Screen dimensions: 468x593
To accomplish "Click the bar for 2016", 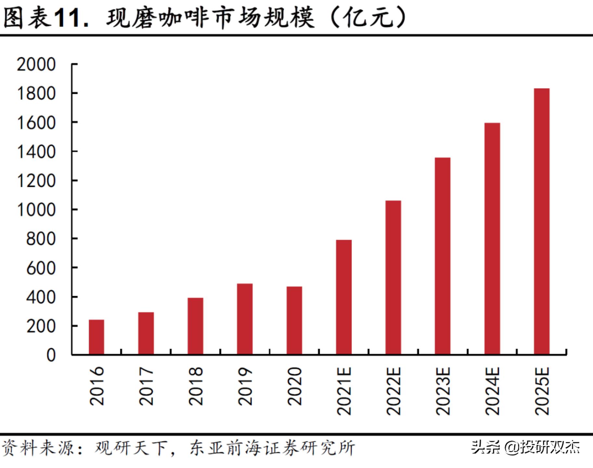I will pos(97,337).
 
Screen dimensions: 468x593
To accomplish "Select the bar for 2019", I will pos(245,319).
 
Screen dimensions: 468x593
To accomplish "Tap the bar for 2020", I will pos(294,320).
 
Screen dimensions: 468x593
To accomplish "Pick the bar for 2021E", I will pos(344,297).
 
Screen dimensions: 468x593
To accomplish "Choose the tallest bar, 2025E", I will pos(542,221).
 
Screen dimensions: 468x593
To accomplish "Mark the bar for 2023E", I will pos(443,256).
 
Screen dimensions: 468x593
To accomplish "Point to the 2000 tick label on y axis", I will pos(36,64).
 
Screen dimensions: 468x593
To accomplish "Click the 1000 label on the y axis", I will pos(36,210).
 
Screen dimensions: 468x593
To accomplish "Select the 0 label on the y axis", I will pos(51,355).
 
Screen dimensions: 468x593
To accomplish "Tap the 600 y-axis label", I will pos(41,268).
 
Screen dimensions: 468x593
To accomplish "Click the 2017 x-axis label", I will pos(146,386).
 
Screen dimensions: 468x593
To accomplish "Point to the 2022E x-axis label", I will pos(394,391).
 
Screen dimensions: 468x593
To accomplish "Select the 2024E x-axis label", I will pos(493,391).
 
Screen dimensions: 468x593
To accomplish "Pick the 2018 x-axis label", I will pos(196,386).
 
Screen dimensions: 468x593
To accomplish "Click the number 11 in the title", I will pos(68,18).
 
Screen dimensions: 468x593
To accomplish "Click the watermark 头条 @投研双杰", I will pos(525,448).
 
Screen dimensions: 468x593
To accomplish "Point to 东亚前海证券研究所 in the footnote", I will pos(272,448).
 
